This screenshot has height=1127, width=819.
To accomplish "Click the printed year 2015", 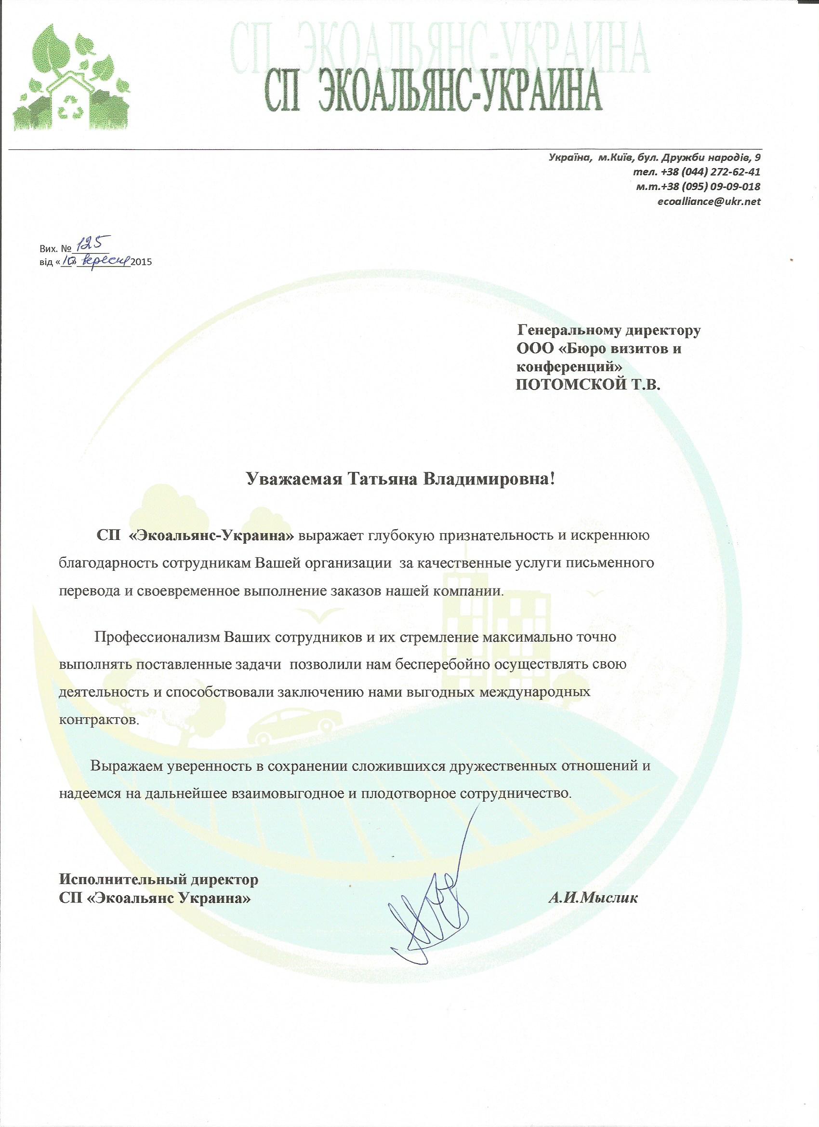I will pyautogui.click(x=141, y=261).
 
